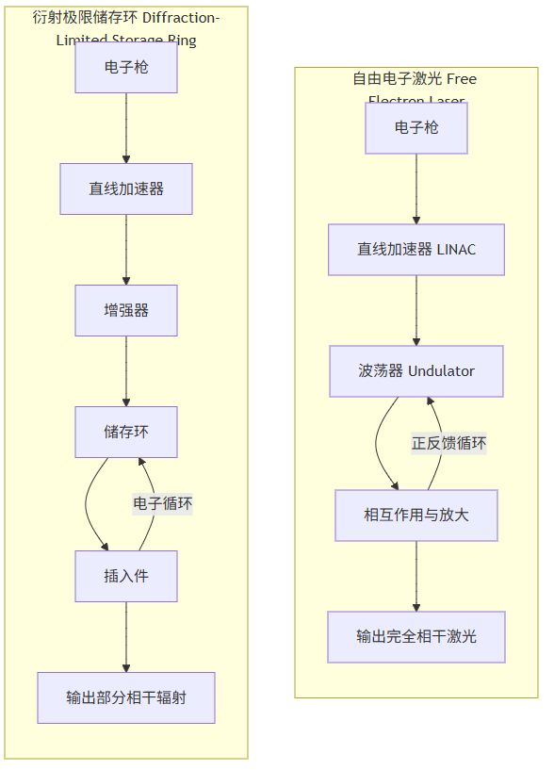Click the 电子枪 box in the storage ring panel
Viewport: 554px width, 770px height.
pyautogui.click(x=126, y=68)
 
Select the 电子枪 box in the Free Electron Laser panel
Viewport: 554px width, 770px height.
pyautogui.click(x=416, y=128)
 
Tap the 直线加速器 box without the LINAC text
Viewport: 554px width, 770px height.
pyautogui.click(x=126, y=188)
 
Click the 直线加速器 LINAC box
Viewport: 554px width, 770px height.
pyautogui.click(x=416, y=250)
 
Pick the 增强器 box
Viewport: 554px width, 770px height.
pyautogui.click(x=126, y=310)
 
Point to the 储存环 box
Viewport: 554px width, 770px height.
pyautogui.click(x=126, y=432)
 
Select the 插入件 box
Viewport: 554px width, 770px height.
pyautogui.click(x=126, y=576)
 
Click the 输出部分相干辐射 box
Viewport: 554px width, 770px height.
pyautogui.click(x=126, y=697)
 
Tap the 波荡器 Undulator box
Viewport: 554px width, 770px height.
pyautogui.click(x=416, y=371)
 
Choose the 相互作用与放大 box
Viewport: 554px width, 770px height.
pyautogui.click(x=416, y=516)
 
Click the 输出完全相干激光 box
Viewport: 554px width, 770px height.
pyautogui.click(x=416, y=637)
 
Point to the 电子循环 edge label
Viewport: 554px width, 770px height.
pyautogui.click(x=163, y=503)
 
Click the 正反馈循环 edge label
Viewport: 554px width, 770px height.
pyautogui.click(x=448, y=443)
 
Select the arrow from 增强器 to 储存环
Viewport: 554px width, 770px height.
pyautogui.click(x=126, y=371)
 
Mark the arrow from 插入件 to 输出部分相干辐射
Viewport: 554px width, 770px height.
pyautogui.click(x=126, y=637)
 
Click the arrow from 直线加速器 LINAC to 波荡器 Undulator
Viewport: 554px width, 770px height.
pyautogui.click(x=416, y=310)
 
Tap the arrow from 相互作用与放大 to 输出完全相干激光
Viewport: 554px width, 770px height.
pyautogui.click(x=416, y=576)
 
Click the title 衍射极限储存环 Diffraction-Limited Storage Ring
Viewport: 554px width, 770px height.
pyautogui.click(x=126, y=28)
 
